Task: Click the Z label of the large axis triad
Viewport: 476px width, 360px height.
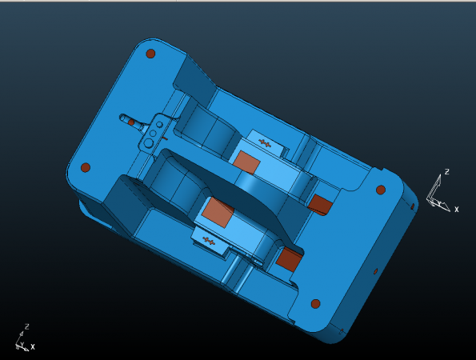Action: point(446,172)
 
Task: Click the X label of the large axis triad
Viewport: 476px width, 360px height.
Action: point(456,209)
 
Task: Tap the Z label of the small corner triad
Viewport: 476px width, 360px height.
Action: point(27,326)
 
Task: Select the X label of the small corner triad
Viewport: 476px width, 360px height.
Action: point(33,346)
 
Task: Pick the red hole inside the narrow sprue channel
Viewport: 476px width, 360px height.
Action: point(131,122)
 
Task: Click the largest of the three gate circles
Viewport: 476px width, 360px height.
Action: point(149,143)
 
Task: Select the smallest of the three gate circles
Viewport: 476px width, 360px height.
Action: point(159,125)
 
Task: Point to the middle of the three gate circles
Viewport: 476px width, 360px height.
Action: point(153,134)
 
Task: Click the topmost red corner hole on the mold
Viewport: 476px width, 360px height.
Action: point(150,54)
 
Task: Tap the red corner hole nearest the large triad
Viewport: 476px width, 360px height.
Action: point(381,190)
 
